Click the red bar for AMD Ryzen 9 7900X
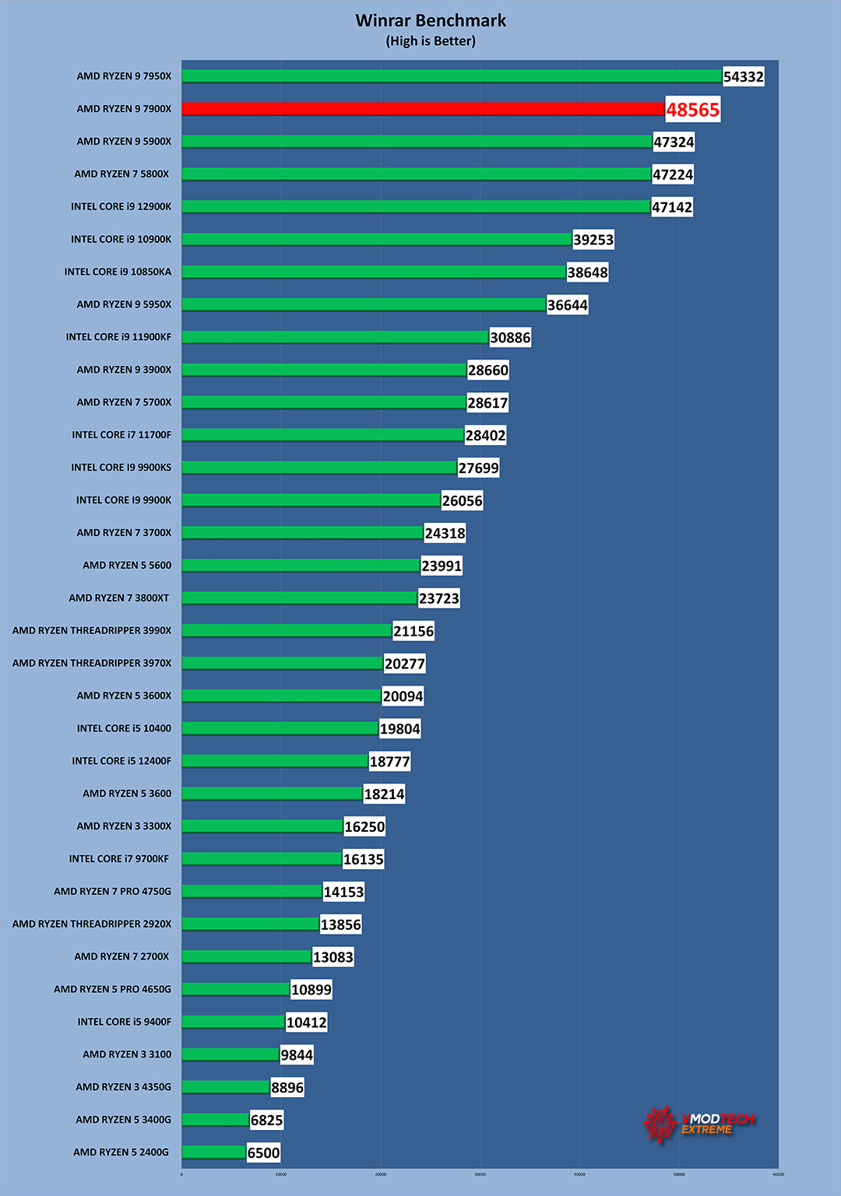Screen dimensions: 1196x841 [x=423, y=109]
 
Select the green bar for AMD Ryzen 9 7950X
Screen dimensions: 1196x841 [x=452, y=76]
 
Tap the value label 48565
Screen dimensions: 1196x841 [x=692, y=110]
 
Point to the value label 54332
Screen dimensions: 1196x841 [x=743, y=77]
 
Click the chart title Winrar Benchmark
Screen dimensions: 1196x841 [x=431, y=21]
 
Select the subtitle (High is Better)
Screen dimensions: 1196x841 [x=431, y=41]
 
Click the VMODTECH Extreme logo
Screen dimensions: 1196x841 [x=699, y=1124]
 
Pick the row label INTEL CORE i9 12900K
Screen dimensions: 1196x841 [x=121, y=207]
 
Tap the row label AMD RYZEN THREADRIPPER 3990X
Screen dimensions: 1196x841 [x=92, y=630]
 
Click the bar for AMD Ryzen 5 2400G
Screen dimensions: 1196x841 [x=214, y=1152]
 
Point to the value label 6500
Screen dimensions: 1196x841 [x=263, y=1153]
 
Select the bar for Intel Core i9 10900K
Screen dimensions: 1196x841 [x=377, y=240]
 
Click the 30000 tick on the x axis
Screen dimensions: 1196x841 [x=480, y=1174]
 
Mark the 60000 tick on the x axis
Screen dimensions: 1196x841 [x=779, y=1174]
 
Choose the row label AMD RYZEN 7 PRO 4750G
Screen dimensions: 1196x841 [x=112, y=892]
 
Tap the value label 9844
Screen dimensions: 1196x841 [x=297, y=1055]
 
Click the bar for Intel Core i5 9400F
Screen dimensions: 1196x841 [x=233, y=1022]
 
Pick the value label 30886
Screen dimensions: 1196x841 [x=510, y=338]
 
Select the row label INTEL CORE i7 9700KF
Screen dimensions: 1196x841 [x=119, y=859]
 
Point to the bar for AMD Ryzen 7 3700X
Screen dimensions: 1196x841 [x=302, y=533]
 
